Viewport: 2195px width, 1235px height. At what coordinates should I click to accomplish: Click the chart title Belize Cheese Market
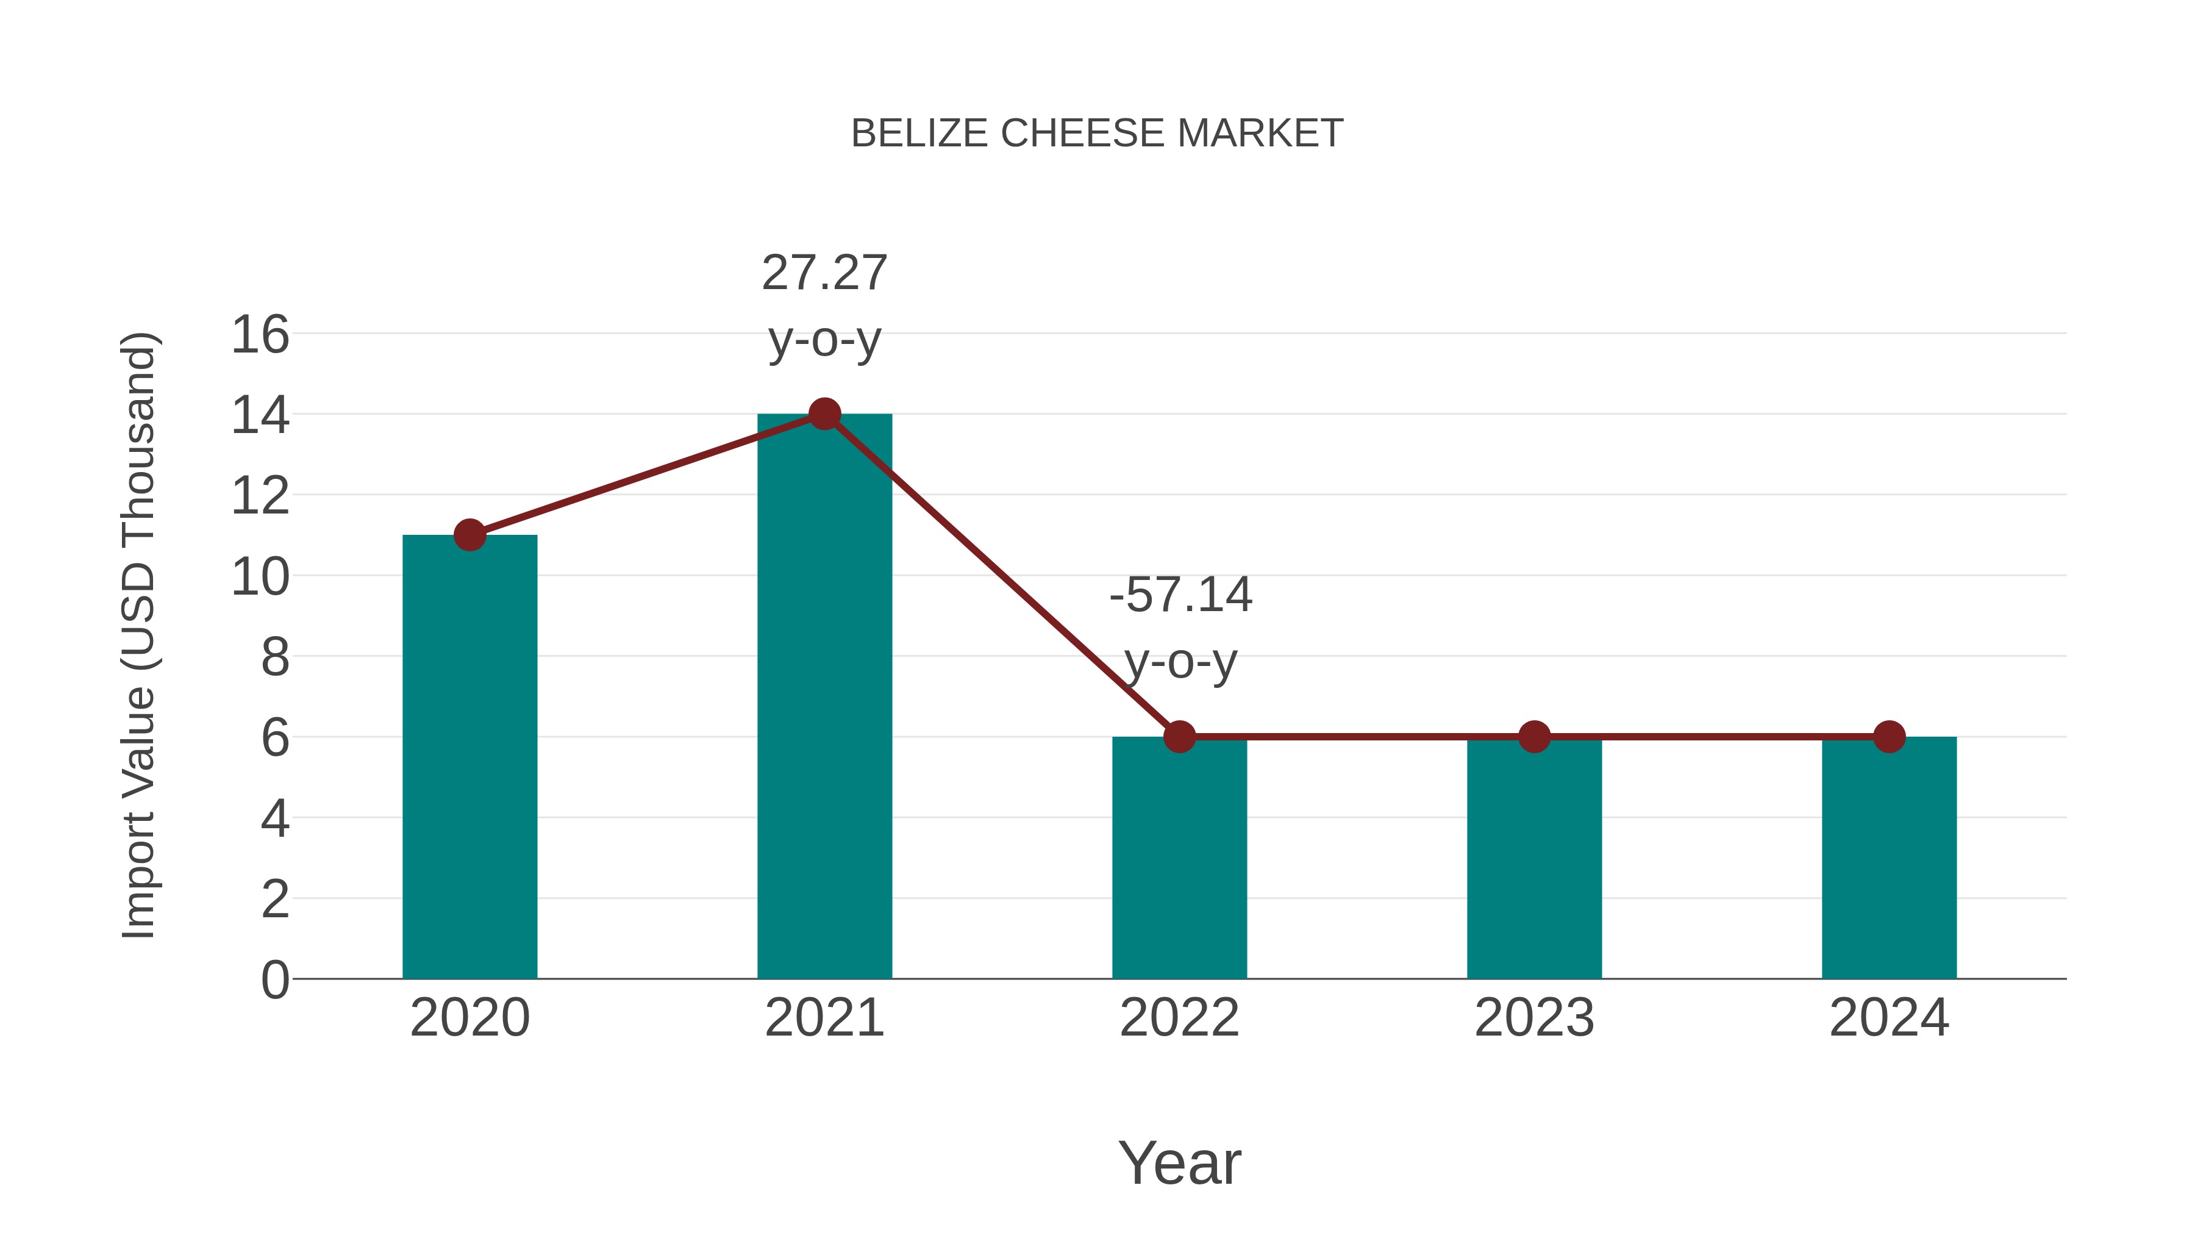1097,133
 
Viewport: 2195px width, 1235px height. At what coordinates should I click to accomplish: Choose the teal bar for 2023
1534,861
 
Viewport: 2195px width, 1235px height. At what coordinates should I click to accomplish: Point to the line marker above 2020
469,535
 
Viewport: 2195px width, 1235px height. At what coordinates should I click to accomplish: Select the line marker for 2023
1534,736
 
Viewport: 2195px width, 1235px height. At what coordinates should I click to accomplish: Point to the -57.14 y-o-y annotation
1180,628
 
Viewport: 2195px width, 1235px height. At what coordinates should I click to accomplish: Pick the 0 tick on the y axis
274,979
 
